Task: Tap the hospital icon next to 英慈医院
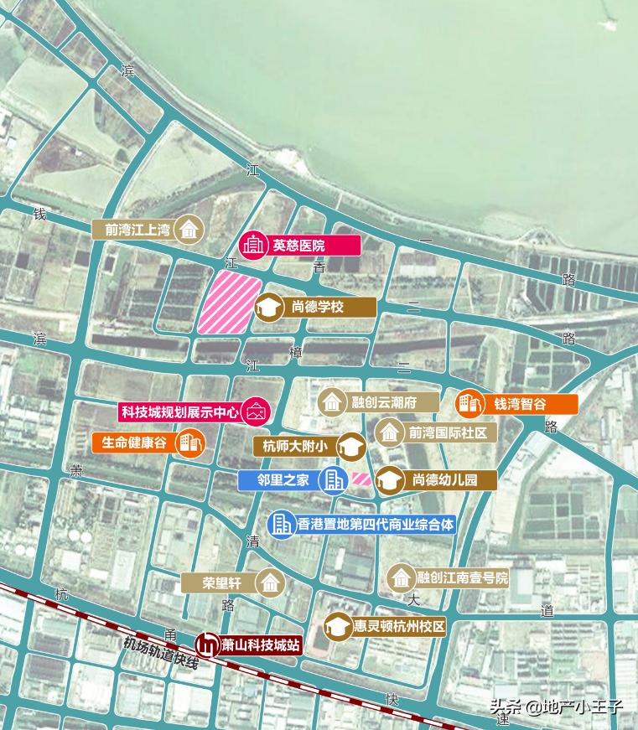(x=252, y=246)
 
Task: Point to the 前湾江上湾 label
(x=137, y=229)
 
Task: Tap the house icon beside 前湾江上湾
(x=191, y=229)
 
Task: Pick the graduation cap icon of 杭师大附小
(x=352, y=447)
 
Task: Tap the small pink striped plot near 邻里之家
(x=360, y=479)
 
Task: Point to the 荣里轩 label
(x=221, y=582)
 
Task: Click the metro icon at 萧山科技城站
(x=205, y=645)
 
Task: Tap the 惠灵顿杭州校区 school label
(x=397, y=627)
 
